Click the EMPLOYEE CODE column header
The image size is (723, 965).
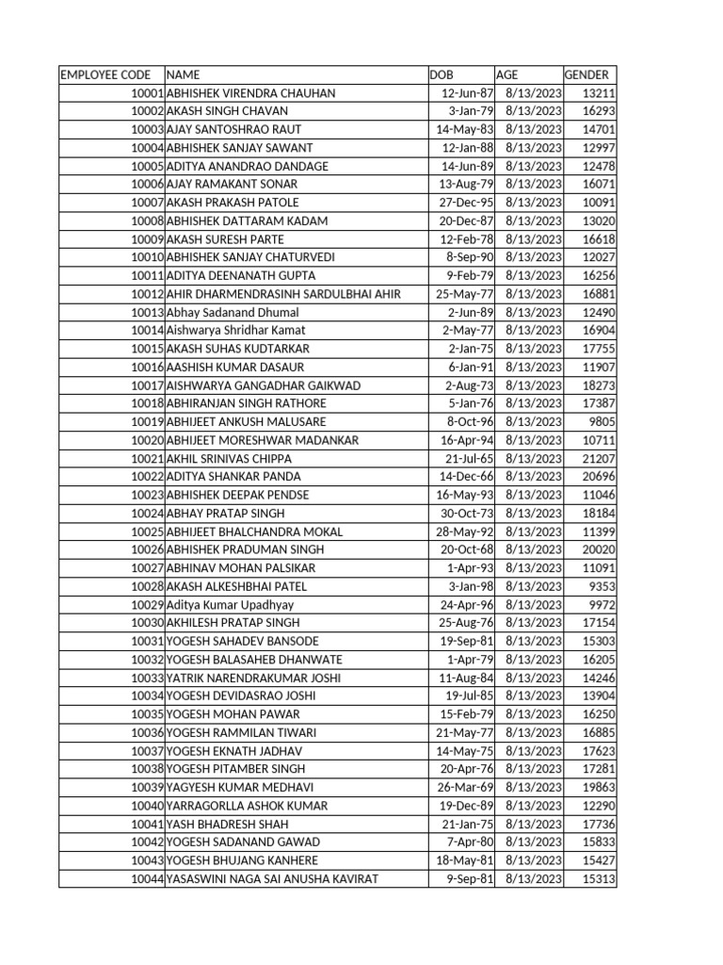tap(104, 74)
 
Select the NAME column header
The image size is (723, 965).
tap(183, 74)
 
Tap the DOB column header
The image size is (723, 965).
tap(441, 74)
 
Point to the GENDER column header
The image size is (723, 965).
tap(586, 74)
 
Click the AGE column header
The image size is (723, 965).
tap(506, 74)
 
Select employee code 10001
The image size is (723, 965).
tap(147, 93)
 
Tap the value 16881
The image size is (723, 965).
tap(599, 294)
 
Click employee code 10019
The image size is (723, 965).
tap(147, 422)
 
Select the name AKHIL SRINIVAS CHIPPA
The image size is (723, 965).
tap(229, 458)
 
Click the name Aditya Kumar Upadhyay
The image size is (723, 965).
tap(230, 605)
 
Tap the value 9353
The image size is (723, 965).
tap(602, 586)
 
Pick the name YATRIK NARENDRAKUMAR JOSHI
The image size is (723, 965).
tap(253, 678)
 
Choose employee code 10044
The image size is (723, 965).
tap(147, 878)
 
